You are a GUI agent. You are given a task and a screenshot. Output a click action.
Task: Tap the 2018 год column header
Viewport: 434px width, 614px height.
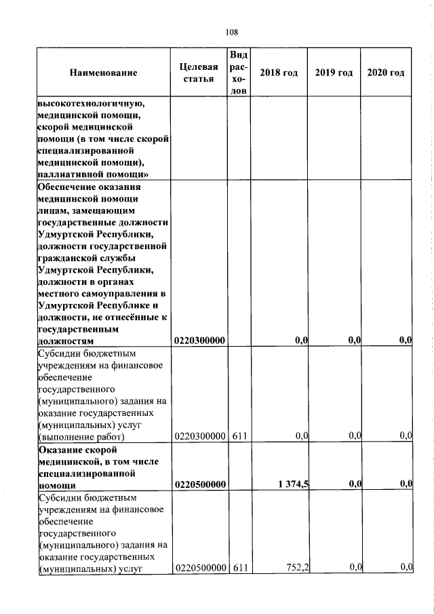(279, 73)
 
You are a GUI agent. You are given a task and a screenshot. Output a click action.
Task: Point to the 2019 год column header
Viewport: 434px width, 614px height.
(334, 73)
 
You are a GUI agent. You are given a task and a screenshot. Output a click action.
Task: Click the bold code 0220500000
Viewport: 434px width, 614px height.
(200, 484)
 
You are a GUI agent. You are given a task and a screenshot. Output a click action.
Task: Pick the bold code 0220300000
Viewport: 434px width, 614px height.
(200, 340)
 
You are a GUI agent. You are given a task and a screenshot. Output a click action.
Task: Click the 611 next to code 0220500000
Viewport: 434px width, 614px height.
(238, 567)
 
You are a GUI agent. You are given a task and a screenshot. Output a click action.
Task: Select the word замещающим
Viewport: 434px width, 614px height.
(100, 211)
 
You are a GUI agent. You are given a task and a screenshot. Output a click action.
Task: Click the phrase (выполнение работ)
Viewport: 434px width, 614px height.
(81, 436)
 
